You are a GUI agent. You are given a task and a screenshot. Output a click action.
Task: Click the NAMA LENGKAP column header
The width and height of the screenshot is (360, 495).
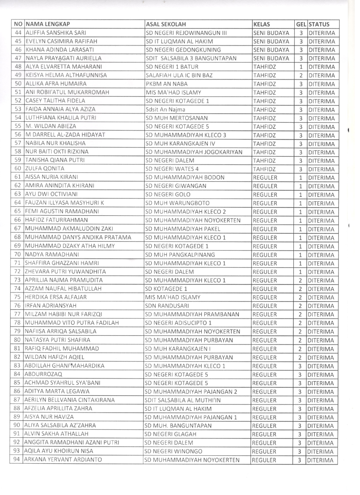point(49,24)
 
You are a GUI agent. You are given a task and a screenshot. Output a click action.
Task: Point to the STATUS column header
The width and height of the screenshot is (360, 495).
point(319,24)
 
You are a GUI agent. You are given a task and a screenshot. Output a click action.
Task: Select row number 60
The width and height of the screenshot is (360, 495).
point(18,169)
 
